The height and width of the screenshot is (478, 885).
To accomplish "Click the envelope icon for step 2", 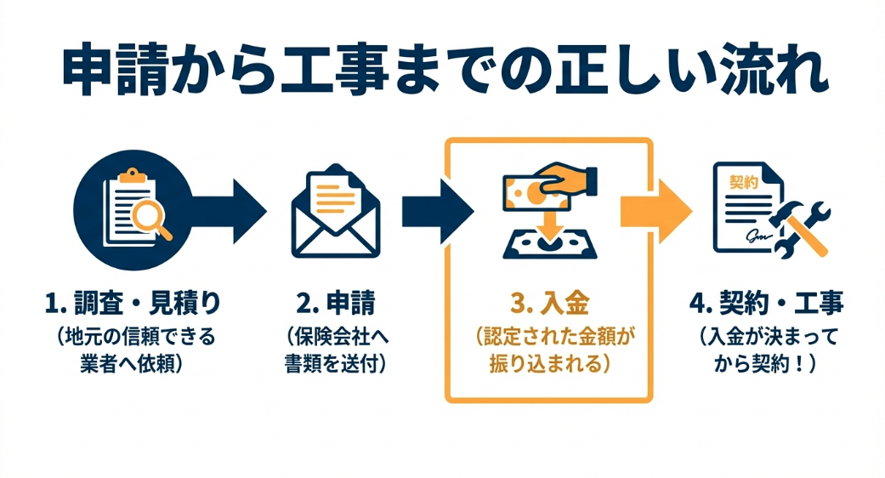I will pos(336,212).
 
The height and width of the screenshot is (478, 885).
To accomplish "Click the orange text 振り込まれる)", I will pos(549,363).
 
